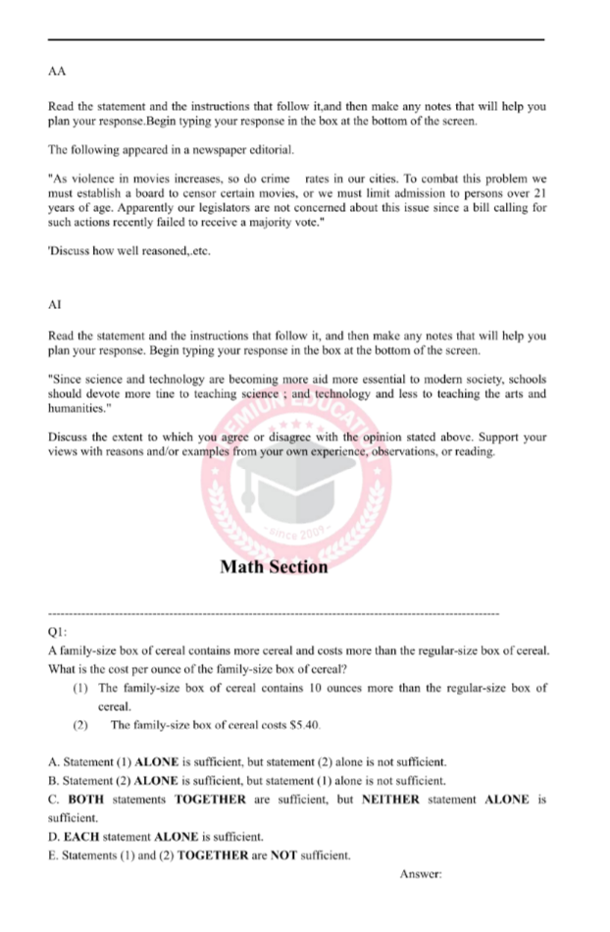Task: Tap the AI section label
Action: pyautogui.click(x=55, y=306)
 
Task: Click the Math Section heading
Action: pyautogui.click(x=274, y=566)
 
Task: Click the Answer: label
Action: pyautogui.click(x=423, y=873)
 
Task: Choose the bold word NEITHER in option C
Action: pyautogui.click(x=389, y=800)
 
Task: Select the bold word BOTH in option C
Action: pyautogui.click(x=85, y=800)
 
